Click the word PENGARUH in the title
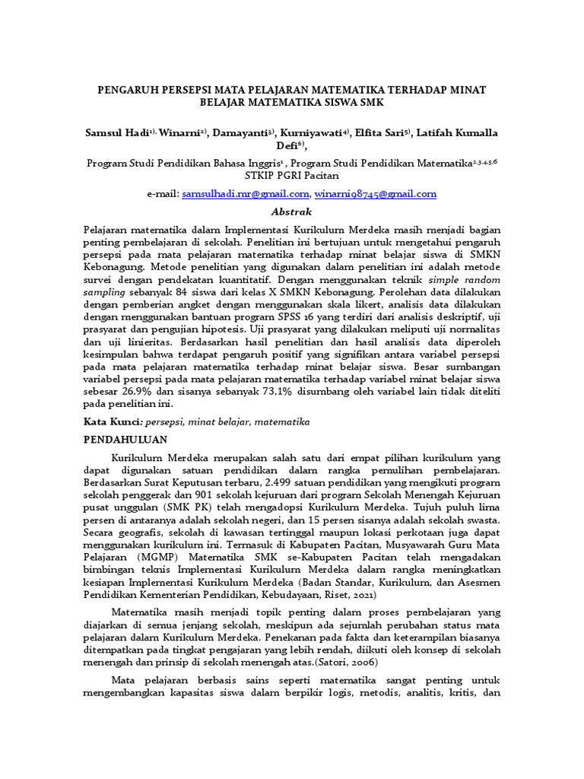tap(126, 89)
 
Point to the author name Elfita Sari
tap(383, 132)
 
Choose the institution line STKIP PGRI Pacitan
tap(292, 175)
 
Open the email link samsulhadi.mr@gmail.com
tap(246, 194)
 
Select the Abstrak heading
tap(292, 211)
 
